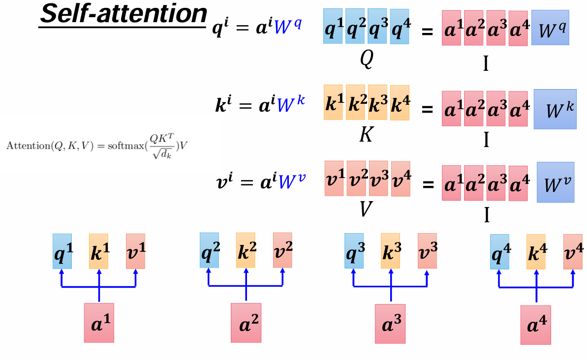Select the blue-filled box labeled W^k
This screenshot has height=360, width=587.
click(555, 109)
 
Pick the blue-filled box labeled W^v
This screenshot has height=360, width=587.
click(555, 182)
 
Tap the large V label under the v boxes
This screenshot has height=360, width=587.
click(366, 210)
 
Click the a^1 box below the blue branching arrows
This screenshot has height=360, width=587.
click(99, 323)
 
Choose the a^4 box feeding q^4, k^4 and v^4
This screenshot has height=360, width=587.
click(536, 325)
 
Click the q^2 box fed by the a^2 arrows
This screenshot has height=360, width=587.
click(209, 250)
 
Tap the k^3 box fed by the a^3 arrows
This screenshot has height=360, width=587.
click(391, 251)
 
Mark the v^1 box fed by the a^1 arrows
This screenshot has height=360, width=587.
click(135, 251)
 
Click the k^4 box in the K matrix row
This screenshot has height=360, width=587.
click(400, 103)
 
